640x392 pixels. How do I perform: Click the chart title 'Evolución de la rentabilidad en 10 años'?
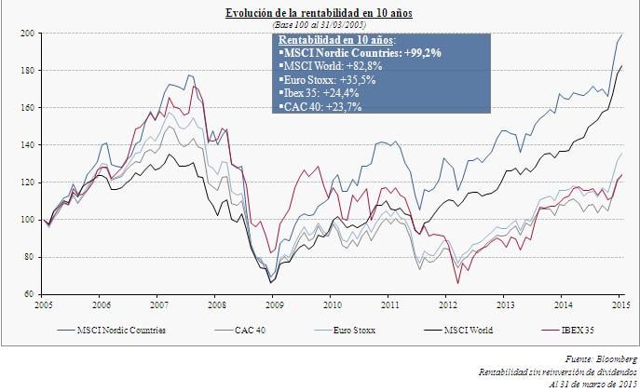(x=320, y=13)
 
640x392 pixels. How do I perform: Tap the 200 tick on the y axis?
(x=29, y=34)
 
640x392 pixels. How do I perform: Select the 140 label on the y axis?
(x=29, y=145)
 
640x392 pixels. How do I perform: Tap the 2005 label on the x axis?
(x=43, y=304)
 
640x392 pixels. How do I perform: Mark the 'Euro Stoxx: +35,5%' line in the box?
(x=322, y=80)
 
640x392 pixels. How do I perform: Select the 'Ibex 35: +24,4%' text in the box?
(x=317, y=93)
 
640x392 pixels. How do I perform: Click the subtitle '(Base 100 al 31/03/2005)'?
(x=320, y=24)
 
